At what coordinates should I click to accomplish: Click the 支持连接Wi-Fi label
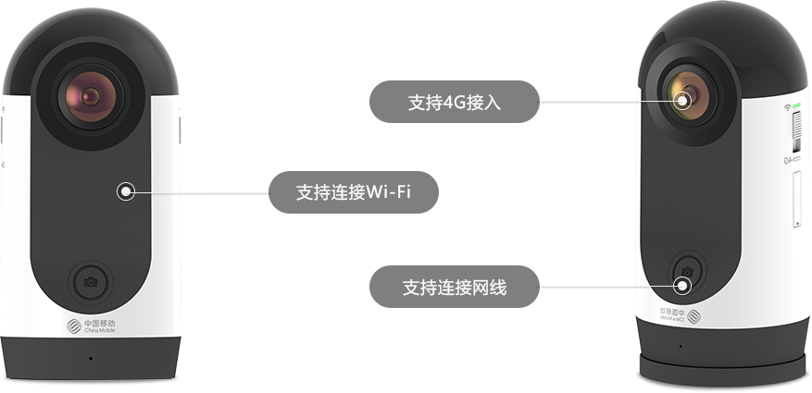coord(353,193)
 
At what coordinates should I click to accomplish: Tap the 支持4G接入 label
coord(453,101)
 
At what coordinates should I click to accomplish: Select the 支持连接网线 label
coord(455,289)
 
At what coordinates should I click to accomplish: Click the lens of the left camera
coord(91,96)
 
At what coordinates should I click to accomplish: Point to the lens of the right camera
coord(684,96)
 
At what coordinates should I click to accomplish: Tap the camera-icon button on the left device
coord(91,280)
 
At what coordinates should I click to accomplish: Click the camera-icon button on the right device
coord(687,270)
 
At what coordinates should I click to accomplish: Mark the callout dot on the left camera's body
coord(127,191)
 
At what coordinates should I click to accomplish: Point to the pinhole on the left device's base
coord(90,356)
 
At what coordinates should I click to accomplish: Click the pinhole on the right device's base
coord(680,348)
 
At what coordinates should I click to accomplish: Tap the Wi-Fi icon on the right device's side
coord(787,107)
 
